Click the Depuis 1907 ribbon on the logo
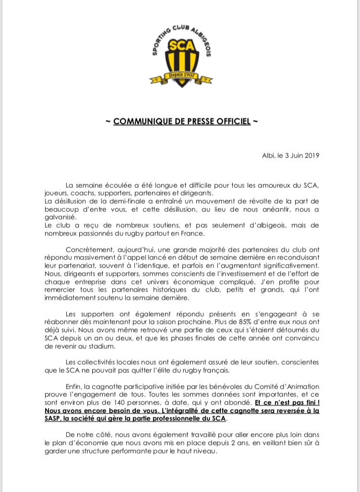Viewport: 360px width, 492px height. tap(180, 76)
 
